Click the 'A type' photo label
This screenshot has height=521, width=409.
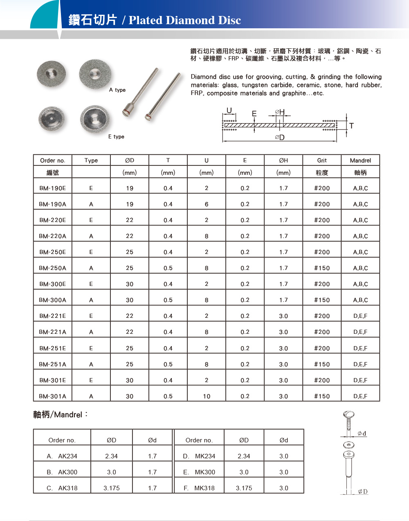[x=117, y=90]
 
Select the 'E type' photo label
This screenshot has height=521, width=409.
[x=116, y=137]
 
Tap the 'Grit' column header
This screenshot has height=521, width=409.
[x=322, y=161]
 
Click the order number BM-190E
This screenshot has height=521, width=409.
[x=52, y=188]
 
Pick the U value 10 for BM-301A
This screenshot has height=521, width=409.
[x=207, y=396]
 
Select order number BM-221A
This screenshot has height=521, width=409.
[x=52, y=332]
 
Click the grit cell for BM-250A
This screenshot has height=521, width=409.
[x=322, y=268]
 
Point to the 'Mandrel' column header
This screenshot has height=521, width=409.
[x=360, y=161]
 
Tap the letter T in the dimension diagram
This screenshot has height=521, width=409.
[x=351, y=126]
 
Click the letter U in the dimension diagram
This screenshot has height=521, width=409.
[x=229, y=111]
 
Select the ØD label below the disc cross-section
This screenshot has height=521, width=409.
[x=280, y=138]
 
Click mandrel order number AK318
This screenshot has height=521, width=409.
[x=67, y=488]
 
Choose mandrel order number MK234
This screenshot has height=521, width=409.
[x=205, y=456]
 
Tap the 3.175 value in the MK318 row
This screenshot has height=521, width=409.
[x=244, y=488]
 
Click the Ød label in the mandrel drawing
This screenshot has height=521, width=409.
[x=362, y=433]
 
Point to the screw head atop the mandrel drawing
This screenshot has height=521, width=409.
[x=348, y=415]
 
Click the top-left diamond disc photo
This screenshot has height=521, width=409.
[x=52, y=73]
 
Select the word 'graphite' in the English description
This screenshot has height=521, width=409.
[x=292, y=93]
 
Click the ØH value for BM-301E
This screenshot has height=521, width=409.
[x=283, y=381]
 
